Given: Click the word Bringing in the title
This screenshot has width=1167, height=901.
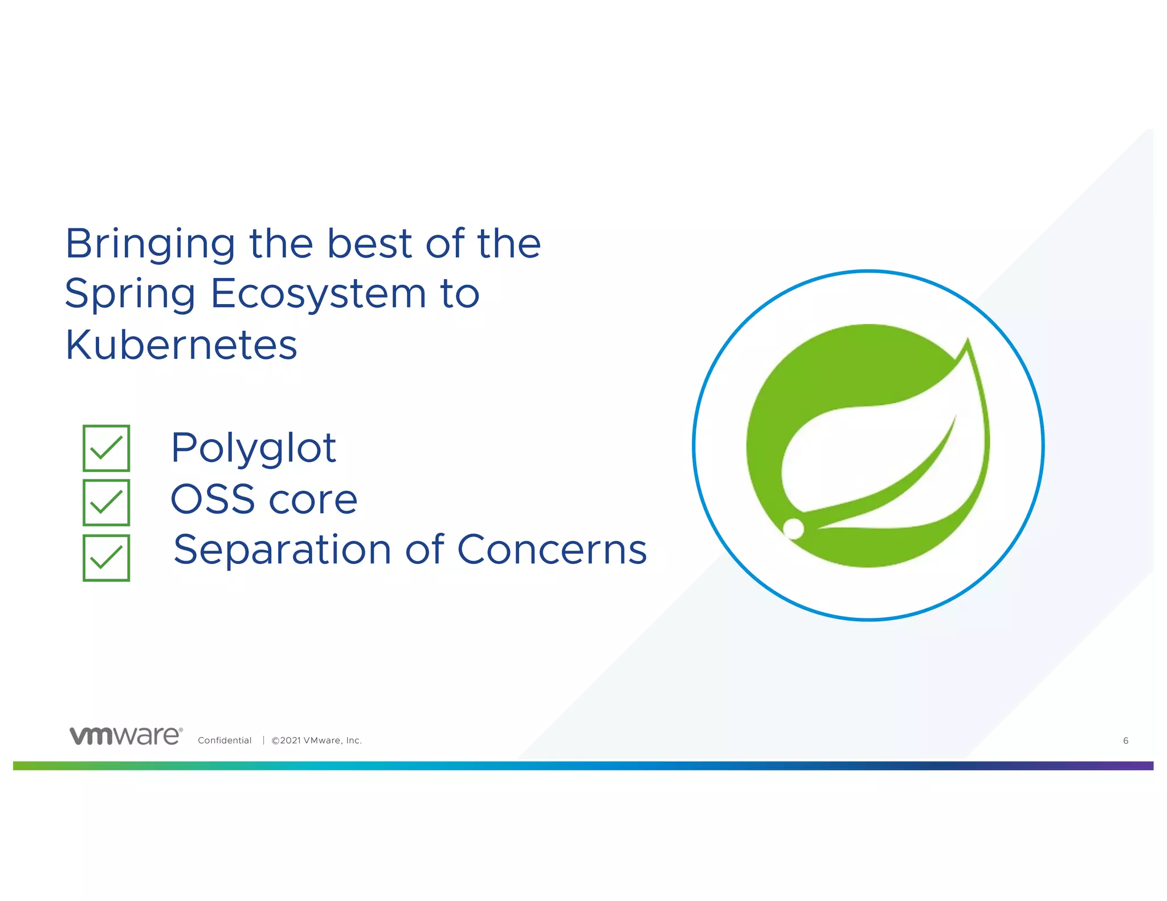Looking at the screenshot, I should pos(150,244).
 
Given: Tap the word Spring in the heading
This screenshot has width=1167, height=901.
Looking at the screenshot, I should pos(130,294).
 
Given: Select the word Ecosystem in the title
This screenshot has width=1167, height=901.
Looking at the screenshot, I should pos(319,294).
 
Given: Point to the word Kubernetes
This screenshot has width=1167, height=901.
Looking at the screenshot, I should pos(181,345).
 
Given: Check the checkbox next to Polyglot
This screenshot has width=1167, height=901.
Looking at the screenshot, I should pos(107,448).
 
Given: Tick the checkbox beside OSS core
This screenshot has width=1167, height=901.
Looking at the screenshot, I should pos(107,502).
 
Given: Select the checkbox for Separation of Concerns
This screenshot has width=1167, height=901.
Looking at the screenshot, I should pos(107,558).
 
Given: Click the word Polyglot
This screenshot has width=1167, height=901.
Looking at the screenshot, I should pos(254,449).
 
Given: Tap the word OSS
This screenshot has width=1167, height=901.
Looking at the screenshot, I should pos(213,499).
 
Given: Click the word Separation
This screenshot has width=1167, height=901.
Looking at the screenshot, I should pos(282,550).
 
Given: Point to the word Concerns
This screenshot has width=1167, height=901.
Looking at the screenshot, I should pos(552,550).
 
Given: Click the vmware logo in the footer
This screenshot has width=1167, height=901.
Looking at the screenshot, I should pos(126,736).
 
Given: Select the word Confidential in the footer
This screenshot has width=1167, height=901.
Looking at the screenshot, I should pos(225,740).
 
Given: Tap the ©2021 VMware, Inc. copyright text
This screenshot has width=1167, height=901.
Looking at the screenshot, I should pos(316,740).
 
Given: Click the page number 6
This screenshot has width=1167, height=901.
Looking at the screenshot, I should pos(1125,740).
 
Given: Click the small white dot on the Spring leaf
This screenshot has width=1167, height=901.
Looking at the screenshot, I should pos(793,529).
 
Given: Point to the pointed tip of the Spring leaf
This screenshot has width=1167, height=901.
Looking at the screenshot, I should pos(968,341).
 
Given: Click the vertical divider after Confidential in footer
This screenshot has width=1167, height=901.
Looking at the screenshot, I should pos(263,740).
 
